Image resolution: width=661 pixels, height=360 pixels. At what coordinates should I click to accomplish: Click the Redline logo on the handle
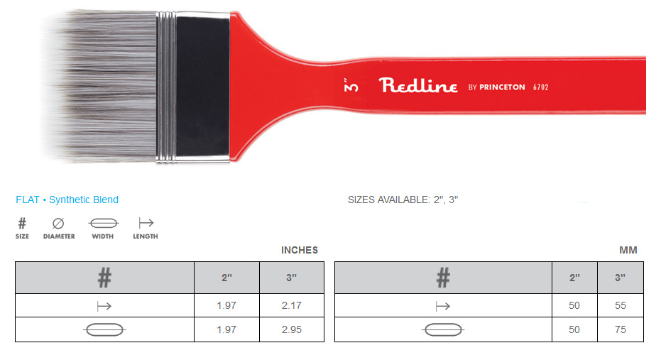point(417,85)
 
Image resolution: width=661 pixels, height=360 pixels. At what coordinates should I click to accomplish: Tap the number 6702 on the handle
point(540,87)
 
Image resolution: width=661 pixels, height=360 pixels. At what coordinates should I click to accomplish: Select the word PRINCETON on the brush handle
point(502,87)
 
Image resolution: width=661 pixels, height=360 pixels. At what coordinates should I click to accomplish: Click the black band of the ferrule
point(202,87)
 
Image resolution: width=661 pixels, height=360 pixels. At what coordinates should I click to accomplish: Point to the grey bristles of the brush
point(101,87)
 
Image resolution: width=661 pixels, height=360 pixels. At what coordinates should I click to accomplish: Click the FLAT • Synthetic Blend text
point(67,200)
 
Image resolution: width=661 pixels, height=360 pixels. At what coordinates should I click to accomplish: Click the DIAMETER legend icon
point(58,223)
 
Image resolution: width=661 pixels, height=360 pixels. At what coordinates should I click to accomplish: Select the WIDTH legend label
point(102,236)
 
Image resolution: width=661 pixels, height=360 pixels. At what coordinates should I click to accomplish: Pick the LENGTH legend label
point(146,236)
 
